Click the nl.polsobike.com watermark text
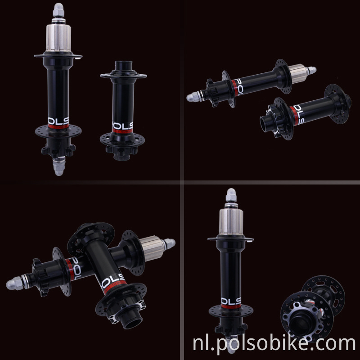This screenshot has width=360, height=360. [274, 344]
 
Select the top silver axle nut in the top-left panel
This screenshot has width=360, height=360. [58, 9]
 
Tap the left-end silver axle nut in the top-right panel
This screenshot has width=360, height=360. [193, 96]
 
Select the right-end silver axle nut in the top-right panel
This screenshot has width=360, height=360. [311, 70]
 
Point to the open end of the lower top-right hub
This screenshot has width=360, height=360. [267, 123]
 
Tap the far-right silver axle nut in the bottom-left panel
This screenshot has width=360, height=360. [170, 243]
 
